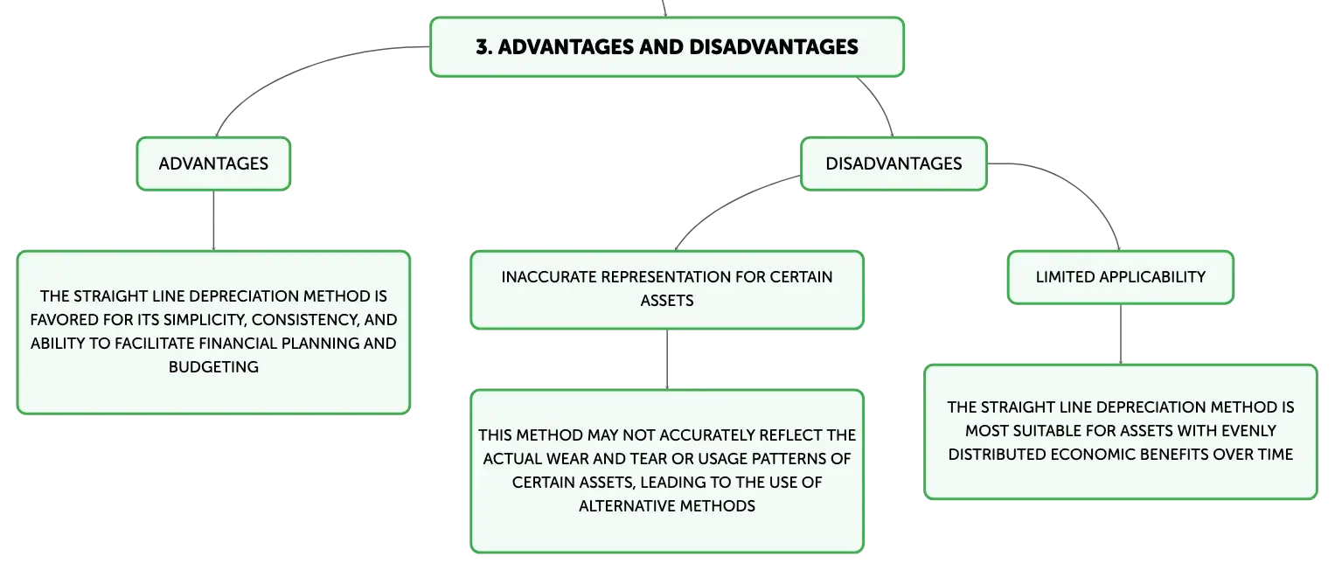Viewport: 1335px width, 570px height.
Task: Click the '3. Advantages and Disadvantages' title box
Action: [x=667, y=47]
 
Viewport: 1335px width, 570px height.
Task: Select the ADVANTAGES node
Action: [x=213, y=164]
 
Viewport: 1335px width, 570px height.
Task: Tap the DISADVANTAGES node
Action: [x=893, y=164]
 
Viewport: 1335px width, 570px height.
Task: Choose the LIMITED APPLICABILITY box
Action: [x=1121, y=277]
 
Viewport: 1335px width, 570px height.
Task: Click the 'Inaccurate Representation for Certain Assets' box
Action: [x=667, y=289]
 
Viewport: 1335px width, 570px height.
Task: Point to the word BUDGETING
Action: [x=213, y=366]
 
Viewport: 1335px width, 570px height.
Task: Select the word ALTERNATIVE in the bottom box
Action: [x=627, y=505]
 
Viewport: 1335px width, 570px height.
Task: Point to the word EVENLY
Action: [x=1248, y=430]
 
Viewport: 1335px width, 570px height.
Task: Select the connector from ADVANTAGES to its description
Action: [x=213, y=220]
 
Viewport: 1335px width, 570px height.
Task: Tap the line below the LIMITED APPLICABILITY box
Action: [x=1121, y=335]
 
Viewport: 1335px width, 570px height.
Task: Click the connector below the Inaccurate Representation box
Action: [x=667, y=359]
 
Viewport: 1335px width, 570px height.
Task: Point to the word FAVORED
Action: [x=62, y=320]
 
